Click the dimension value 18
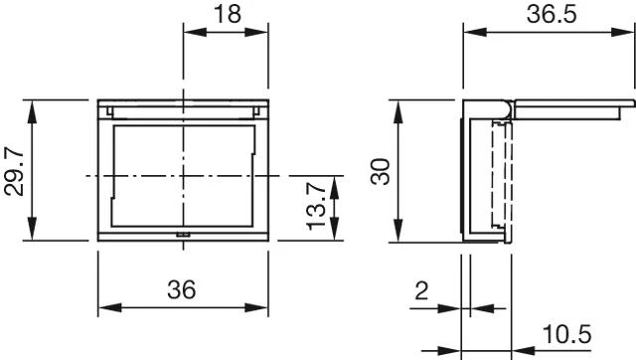pos(228,13)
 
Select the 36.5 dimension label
pos(552,14)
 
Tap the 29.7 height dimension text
pos(14,171)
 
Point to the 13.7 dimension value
pos(316,206)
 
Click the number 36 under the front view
pos(182,289)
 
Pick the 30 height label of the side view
pos(381,171)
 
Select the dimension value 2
pos(421,290)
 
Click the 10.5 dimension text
pos(567,334)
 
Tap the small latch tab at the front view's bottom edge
pos(183,234)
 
